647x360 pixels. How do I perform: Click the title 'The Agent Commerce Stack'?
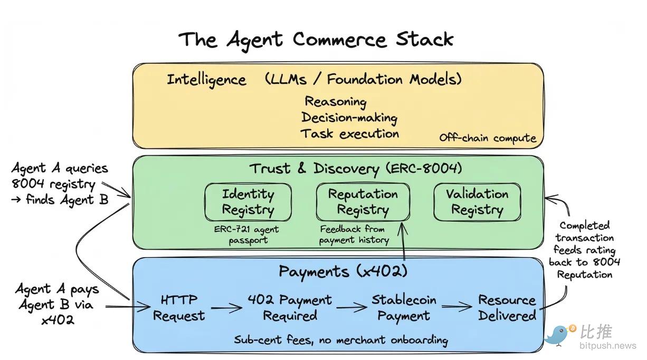tap(316, 40)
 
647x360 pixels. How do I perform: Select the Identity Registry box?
tap(248, 202)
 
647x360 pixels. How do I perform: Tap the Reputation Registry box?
tap(363, 202)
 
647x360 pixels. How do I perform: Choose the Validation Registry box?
tap(477, 202)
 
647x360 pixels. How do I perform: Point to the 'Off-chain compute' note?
tap(488, 138)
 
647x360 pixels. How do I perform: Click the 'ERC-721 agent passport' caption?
tap(246, 235)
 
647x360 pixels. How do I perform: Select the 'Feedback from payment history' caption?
tap(354, 234)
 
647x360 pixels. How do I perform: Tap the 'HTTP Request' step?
tap(179, 308)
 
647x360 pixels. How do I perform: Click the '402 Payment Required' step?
tap(290, 308)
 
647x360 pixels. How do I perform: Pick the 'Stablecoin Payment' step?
tap(404, 308)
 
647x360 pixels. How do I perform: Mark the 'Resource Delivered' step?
tap(507, 308)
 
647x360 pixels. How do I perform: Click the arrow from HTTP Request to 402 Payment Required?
tap(226, 307)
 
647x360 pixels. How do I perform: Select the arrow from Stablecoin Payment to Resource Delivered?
tap(456, 307)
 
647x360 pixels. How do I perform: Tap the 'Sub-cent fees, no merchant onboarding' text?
tap(341, 339)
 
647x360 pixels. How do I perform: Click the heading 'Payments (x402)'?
tap(343, 271)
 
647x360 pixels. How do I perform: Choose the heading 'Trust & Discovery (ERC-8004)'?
tap(355, 168)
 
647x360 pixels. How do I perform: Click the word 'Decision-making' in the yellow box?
tap(349, 117)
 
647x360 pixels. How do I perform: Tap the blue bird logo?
tap(560, 334)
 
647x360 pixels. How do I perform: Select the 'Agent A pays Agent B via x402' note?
tap(57, 304)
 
